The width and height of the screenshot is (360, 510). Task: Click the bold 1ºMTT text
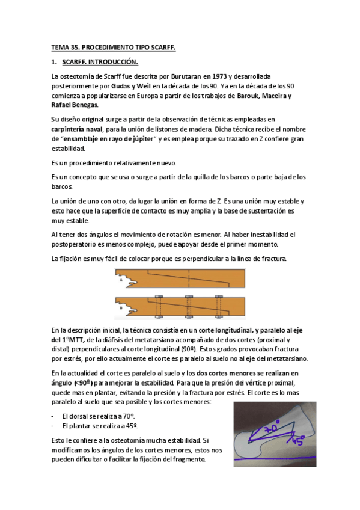(71, 339)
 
